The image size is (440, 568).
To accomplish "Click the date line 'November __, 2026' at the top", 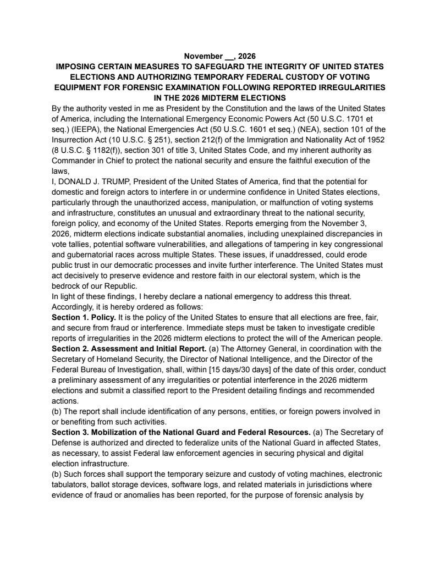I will (219, 56).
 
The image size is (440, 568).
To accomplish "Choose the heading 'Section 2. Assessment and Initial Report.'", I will (129, 349).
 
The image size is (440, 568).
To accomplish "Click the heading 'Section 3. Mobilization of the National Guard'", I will (159, 432).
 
